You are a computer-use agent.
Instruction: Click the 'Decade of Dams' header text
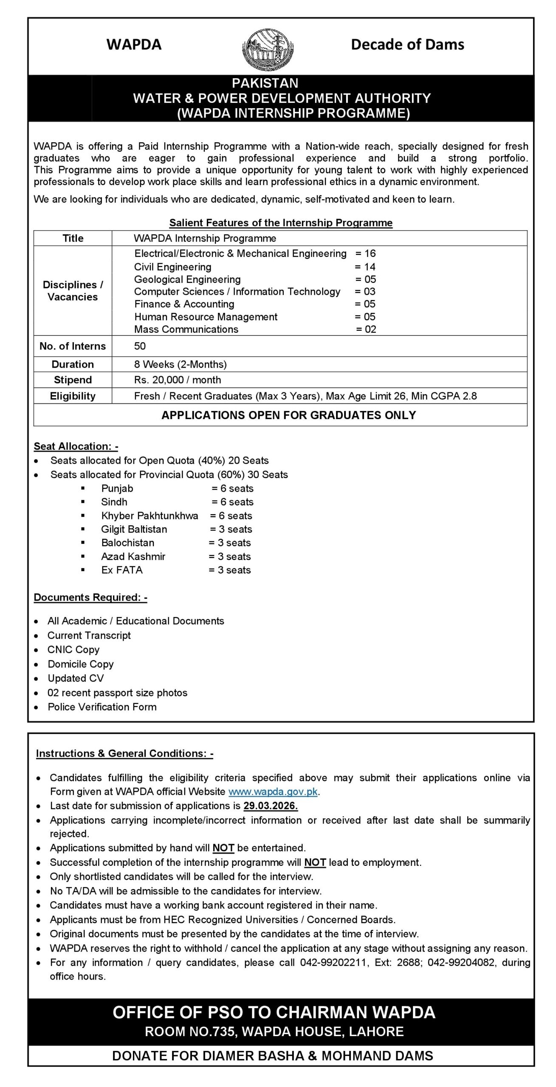point(407,45)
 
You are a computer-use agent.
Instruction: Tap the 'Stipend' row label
point(73,380)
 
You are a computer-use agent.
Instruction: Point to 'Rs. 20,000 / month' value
point(178,380)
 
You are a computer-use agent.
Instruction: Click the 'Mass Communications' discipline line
point(186,329)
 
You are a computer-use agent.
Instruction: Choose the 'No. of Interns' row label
point(73,346)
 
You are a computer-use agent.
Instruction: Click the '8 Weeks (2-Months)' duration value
point(180,364)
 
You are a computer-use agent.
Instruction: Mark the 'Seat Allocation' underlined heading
point(76,446)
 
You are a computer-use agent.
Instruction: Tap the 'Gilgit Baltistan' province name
point(134,529)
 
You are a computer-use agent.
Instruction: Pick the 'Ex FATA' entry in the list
point(122,570)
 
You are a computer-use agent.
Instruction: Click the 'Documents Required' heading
point(90,597)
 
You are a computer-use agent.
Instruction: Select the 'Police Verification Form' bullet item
point(102,707)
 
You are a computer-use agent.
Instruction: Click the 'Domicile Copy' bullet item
point(81,664)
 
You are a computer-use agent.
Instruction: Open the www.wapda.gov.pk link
point(273,792)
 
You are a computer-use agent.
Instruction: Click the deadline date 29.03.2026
point(271,806)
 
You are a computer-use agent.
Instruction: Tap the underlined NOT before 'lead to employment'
point(315,862)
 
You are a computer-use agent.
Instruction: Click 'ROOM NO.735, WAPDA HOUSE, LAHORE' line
point(274,1032)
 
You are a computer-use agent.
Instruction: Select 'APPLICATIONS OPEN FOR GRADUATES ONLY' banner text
point(288,415)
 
